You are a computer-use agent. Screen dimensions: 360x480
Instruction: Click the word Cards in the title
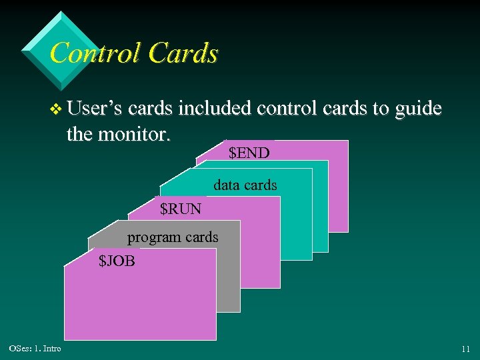pyautogui.click(x=183, y=53)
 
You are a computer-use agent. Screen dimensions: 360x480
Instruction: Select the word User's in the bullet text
pyautogui.click(x=95, y=108)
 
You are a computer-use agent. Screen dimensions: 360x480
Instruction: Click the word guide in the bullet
pyautogui.click(x=418, y=109)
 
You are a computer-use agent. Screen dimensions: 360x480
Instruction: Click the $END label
pyautogui.click(x=249, y=153)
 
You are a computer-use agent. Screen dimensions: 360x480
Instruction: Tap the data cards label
pyautogui.click(x=245, y=185)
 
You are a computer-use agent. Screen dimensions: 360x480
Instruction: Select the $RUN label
pyautogui.click(x=181, y=209)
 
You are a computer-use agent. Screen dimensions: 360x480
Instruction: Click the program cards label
pyautogui.click(x=173, y=237)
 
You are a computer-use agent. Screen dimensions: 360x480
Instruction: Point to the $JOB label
pyautogui.click(x=117, y=261)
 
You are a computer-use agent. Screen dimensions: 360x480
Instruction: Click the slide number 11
pyautogui.click(x=465, y=349)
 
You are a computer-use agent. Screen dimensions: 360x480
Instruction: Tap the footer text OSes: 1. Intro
pyautogui.click(x=35, y=349)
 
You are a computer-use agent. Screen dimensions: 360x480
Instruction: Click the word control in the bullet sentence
pyautogui.click(x=289, y=108)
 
